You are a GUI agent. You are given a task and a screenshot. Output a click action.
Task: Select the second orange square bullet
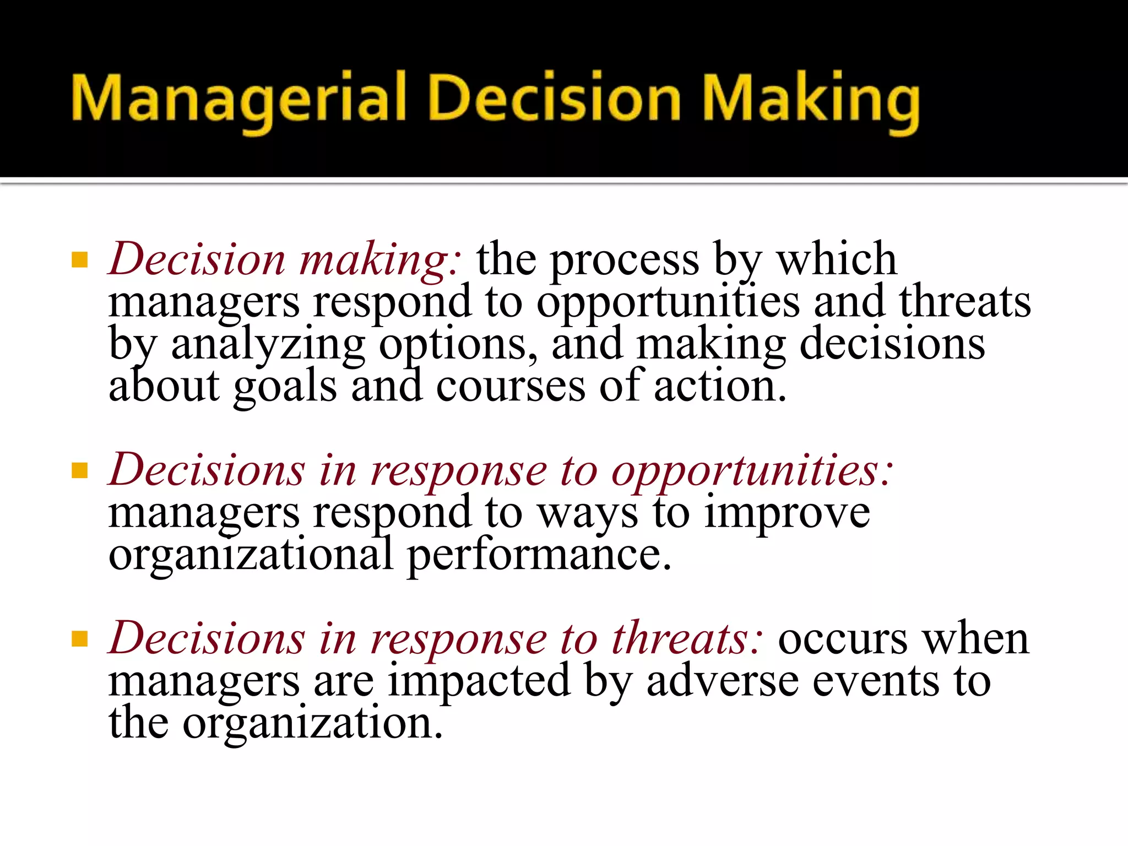tap(80, 471)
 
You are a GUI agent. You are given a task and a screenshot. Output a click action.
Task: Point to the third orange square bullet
tap(80, 639)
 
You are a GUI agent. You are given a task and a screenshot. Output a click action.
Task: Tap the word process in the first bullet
tap(625, 259)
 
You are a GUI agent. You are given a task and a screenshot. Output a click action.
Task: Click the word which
tap(837, 259)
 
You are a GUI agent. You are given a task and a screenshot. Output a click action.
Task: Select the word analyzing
tap(268, 345)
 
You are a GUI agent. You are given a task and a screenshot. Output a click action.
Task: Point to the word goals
tap(285, 387)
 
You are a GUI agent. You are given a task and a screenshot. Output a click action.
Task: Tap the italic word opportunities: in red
tap(752, 471)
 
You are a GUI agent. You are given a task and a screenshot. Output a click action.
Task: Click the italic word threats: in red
tap(688, 639)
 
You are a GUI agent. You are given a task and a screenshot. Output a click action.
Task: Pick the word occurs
tap(843, 639)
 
